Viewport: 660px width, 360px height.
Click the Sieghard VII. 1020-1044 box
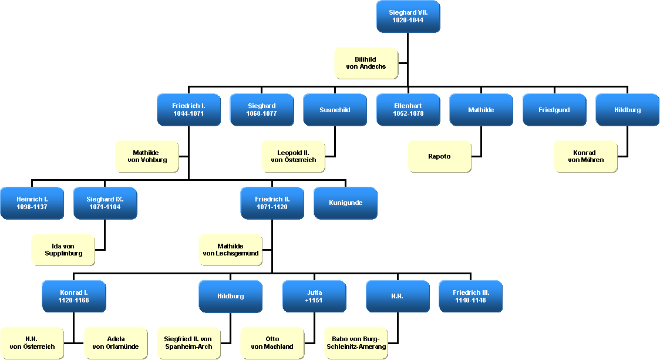point(408,16)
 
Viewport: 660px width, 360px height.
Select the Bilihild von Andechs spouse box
point(366,63)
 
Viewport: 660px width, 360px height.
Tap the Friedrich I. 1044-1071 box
point(188,110)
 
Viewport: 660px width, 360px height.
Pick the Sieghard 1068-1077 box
point(261,110)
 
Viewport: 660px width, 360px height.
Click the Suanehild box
point(335,110)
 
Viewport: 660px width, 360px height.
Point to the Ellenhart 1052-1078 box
point(408,110)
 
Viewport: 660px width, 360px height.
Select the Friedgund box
point(554,110)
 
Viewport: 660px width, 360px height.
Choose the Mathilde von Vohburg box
point(146,156)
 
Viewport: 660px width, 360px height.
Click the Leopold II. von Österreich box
point(293,156)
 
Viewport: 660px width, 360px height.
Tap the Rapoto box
point(439,156)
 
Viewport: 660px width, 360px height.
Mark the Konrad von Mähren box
point(585,156)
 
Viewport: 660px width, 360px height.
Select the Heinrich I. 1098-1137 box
point(32,203)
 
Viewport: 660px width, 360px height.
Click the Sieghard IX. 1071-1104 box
point(105,203)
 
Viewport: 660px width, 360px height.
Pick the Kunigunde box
point(345,203)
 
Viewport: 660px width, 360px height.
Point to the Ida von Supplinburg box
point(63,250)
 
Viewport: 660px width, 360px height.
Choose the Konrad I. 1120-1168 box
point(73,296)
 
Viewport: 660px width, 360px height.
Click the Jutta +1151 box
point(314,296)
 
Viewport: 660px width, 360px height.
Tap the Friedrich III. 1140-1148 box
point(470,296)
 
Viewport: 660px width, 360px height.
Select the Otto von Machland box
point(272,342)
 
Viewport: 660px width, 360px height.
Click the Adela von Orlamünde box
point(115,342)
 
